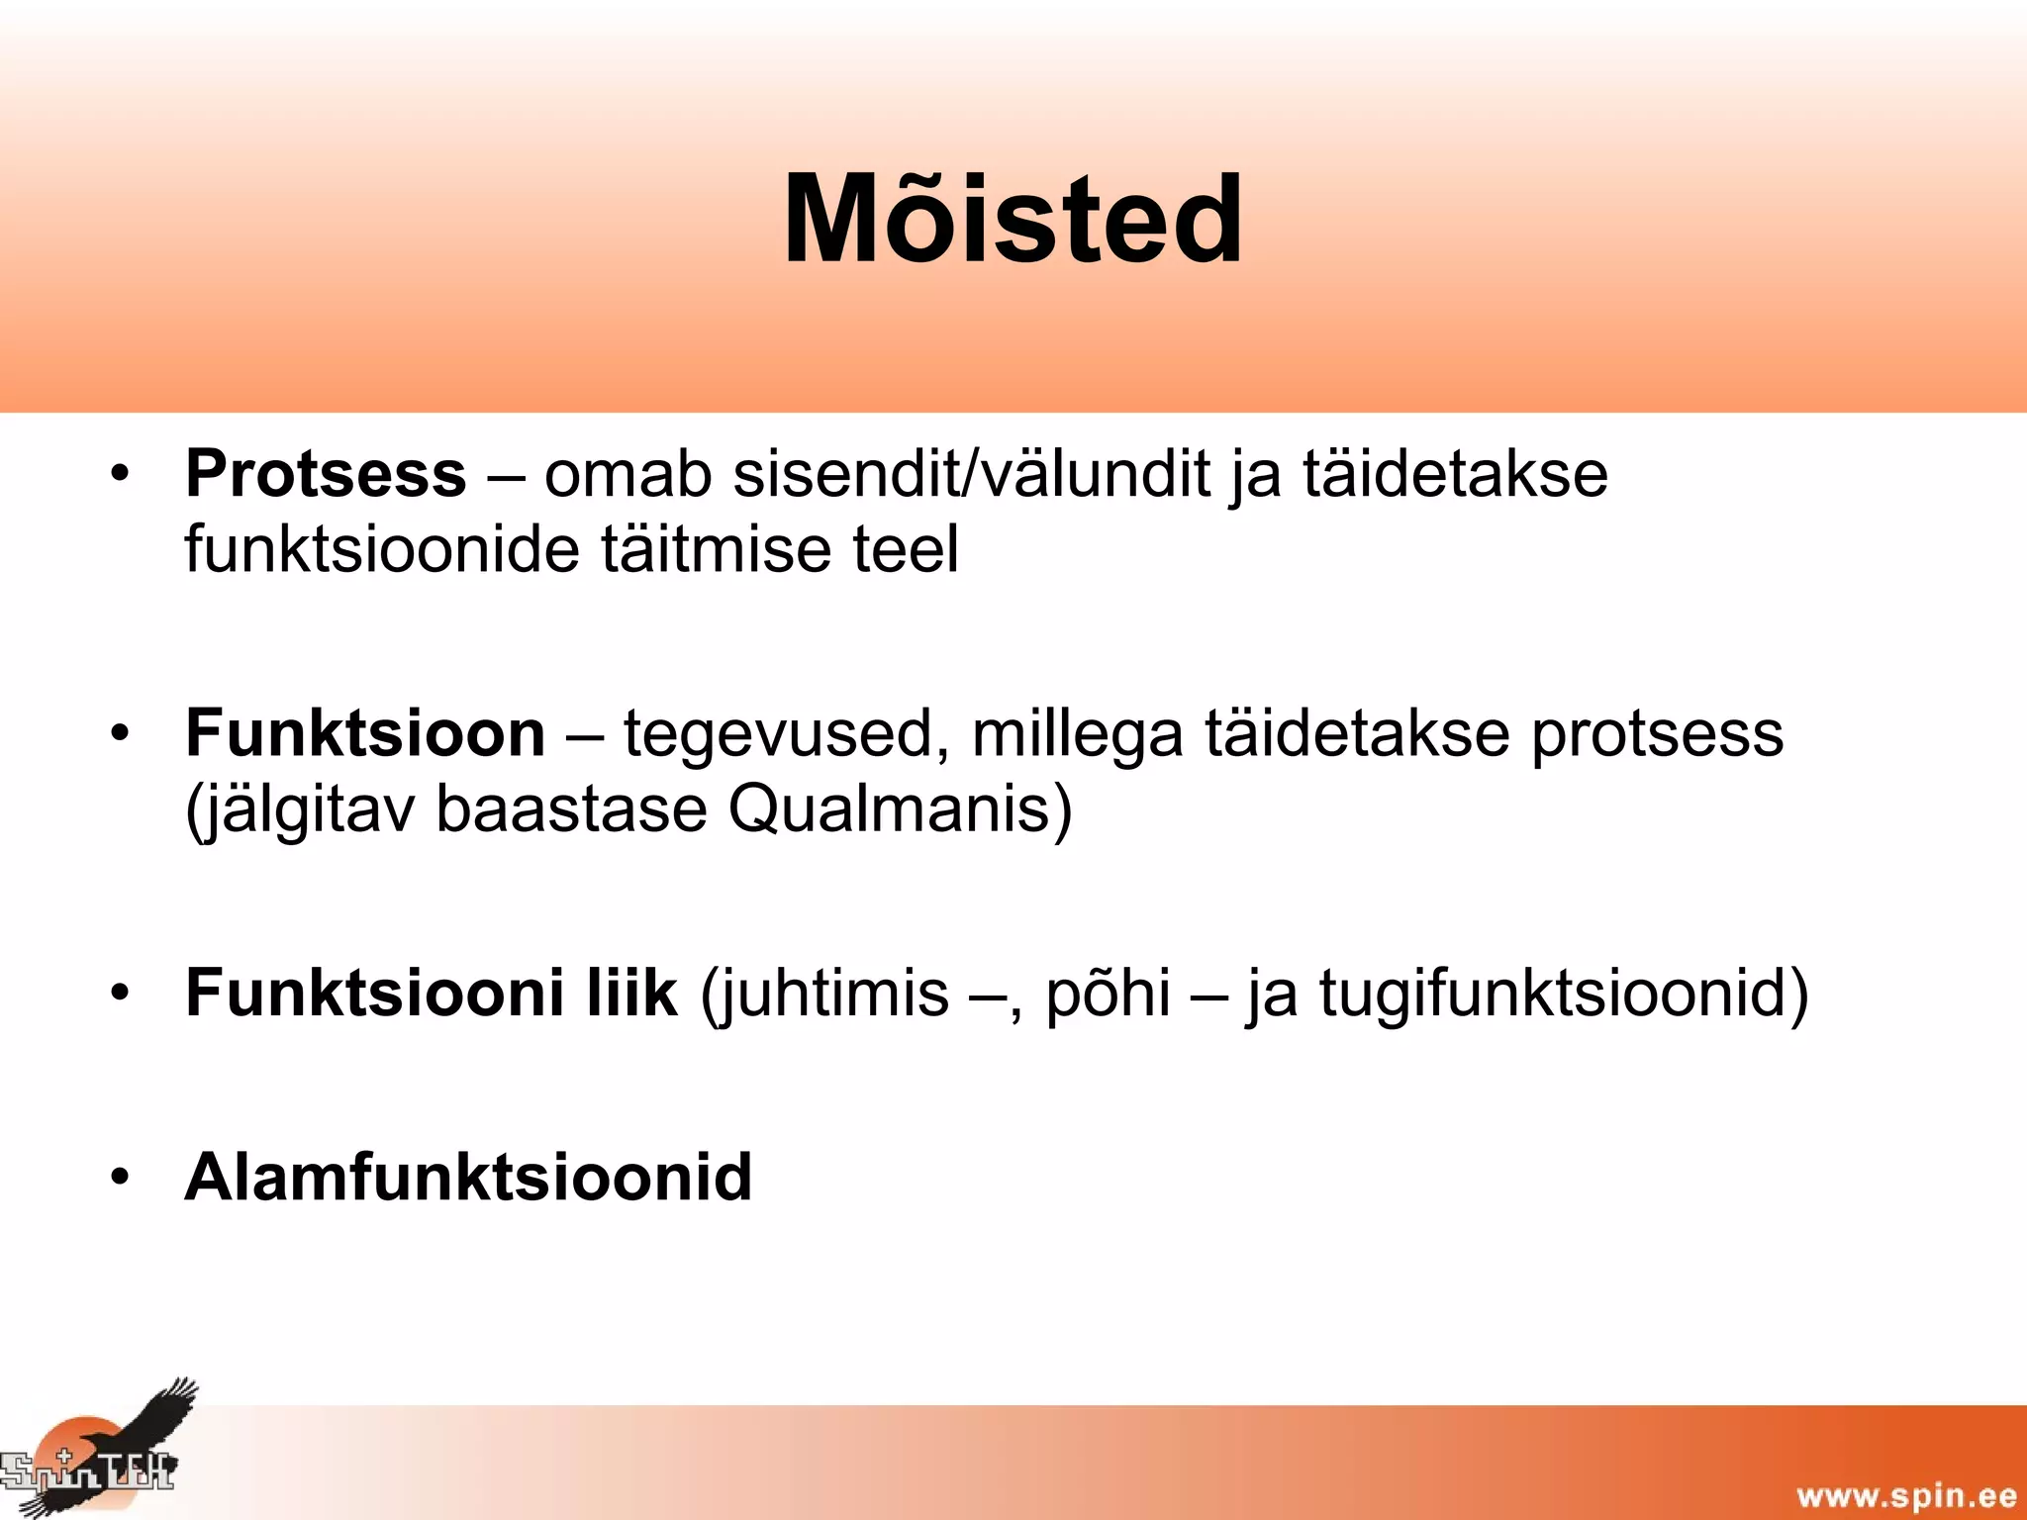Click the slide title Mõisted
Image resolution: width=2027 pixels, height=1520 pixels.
click(x=1013, y=220)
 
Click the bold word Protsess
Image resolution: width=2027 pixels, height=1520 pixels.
click(x=325, y=474)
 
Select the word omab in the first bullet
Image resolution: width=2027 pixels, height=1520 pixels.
click(x=627, y=474)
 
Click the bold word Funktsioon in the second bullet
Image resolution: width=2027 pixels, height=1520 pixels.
click(x=365, y=733)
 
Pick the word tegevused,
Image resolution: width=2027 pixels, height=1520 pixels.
click(x=787, y=735)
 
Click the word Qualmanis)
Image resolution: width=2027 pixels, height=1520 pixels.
click(x=900, y=809)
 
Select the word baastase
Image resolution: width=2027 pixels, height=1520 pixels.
click(x=571, y=809)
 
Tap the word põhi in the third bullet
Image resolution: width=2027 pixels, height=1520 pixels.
click(x=1108, y=994)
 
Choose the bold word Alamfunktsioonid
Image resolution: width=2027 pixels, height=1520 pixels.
click(x=468, y=1178)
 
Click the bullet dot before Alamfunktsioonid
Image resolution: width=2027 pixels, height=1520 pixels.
click(x=120, y=1177)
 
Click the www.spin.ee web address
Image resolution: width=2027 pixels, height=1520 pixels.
click(x=1905, y=1494)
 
